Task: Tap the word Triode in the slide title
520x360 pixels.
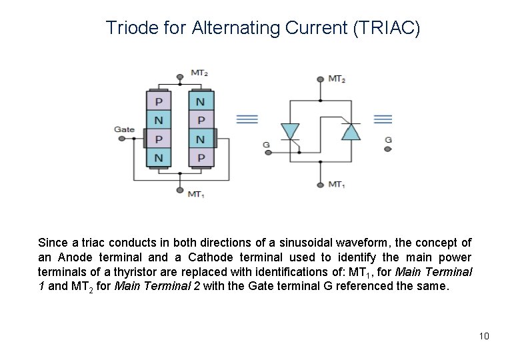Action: [x=130, y=28]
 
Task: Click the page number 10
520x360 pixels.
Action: [x=484, y=335]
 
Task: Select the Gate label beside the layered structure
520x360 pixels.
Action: [x=124, y=129]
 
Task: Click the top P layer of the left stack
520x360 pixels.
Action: [x=159, y=102]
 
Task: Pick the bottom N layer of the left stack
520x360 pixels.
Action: [x=159, y=158]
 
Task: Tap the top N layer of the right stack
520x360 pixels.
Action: [x=201, y=102]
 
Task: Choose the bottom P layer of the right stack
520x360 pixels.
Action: [x=201, y=158]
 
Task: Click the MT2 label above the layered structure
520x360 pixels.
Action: [x=199, y=72]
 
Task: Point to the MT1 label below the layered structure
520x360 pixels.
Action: [x=195, y=194]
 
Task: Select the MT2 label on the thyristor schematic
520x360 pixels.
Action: [x=337, y=79]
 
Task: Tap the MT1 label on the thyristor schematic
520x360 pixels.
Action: [x=337, y=184]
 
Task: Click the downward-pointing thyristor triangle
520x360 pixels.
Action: [x=290, y=131]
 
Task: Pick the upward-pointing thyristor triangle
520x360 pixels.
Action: [x=351, y=131]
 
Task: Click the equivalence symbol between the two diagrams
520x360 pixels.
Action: [x=247, y=119]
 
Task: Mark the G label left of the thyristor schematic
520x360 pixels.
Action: [x=266, y=144]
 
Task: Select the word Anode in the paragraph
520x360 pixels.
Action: [x=100, y=257]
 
